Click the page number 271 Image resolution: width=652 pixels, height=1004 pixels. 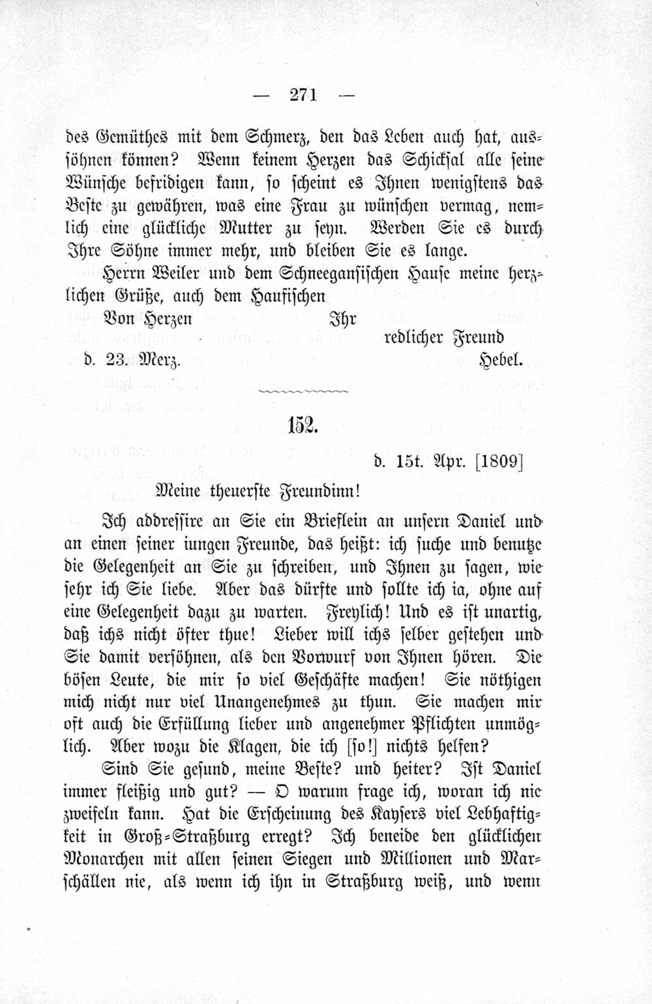303,95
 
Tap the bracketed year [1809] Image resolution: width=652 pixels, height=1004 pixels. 499,461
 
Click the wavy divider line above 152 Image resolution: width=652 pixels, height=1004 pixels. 303,391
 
